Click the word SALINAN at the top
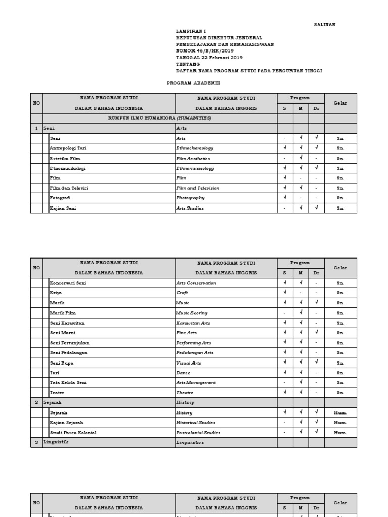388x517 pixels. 324,24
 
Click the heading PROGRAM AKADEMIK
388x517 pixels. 193,83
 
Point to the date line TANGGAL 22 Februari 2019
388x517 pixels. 210,58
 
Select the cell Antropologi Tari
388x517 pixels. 68,148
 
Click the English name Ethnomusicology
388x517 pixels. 195,168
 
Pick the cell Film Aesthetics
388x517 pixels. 193,158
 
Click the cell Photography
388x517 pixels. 190,198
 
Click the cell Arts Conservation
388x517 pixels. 196,283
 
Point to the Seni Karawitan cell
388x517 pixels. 67,323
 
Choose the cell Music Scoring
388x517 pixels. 192,313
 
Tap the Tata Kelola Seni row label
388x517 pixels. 68,383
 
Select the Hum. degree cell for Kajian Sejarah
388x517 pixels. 341,423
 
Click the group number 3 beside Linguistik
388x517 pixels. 36,442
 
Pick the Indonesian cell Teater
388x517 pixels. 57,392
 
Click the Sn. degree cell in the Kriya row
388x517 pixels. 341,293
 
